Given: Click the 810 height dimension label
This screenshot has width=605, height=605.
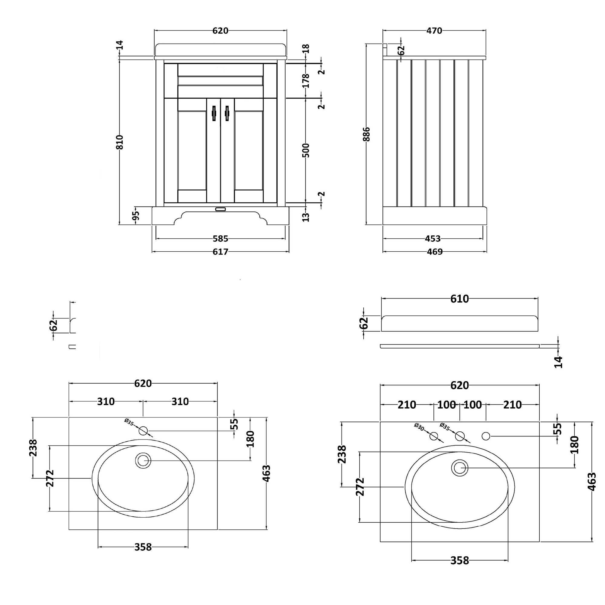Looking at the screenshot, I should pos(119,142).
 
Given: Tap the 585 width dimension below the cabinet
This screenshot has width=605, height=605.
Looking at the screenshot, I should pos(221,239).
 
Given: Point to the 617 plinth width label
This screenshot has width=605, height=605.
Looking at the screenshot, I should pos(221,252).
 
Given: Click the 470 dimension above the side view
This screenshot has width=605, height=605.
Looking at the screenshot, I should pos(434,31).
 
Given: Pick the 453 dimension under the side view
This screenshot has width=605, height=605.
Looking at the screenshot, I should pos(433,239).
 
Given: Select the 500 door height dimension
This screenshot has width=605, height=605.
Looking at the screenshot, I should pos(306,150).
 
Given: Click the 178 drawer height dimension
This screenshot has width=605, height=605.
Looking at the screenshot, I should pos(306,80).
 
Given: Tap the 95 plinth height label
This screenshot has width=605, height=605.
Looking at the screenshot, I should pos(136,216).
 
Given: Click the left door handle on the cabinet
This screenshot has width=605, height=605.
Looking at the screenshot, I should pos(214,113).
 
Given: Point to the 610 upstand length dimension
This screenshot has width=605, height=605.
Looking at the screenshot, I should pos(459,299).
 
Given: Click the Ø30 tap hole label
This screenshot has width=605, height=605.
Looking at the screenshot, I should pos(419,427).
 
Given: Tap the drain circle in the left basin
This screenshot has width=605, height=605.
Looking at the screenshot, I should pos(143,461).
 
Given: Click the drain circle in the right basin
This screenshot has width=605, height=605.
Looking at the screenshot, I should pos(460,468).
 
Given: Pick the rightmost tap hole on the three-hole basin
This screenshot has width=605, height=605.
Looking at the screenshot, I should pos(486,436).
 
